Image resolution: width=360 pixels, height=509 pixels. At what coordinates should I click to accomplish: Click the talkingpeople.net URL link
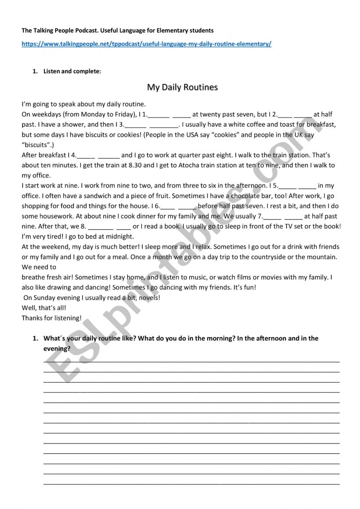(x=146, y=44)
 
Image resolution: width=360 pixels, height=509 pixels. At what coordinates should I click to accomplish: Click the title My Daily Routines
(x=182, y=87)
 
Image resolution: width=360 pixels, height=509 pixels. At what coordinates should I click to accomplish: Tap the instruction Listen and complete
(x=72, y=71)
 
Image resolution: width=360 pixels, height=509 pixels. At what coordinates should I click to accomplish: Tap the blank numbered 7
(x=283, y=216)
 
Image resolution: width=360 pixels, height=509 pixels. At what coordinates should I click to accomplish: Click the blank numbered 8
(x=110, y=227)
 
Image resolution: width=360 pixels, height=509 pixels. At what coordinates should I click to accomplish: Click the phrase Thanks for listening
(x=52, y=318)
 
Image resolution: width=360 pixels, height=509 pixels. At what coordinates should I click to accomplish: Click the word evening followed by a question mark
(x=57, y=349)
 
